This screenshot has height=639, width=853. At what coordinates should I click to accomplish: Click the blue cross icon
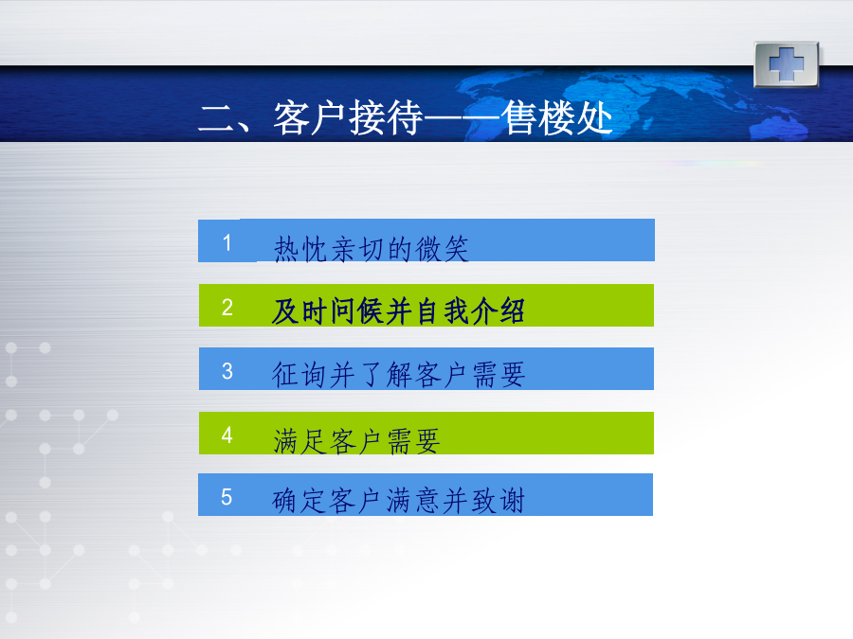pyautogui.click(x=786, y=64)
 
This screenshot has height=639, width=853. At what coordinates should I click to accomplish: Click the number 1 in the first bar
pyautogui.click(x=227, y=242)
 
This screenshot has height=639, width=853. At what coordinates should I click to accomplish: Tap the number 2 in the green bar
pyautogui.click(x=227, y=308)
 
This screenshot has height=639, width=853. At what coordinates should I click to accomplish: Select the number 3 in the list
pyautogui.click(x=227, y=371)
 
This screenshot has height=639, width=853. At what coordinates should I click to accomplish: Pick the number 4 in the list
pyautogui.click(x=227, y=435)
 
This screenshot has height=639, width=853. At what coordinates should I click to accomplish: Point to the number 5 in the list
pyautogui.click(x=227, y=497)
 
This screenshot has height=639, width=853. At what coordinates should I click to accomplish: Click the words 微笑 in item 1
pyautogui.click(x=442, y=249)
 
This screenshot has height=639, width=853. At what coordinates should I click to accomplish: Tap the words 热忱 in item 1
pyautogui.click(x=299, y=249)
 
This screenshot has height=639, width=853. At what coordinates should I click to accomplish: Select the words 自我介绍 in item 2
pyautogui.click(x=470, y=311)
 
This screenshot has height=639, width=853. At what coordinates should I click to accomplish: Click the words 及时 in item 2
pyautogui.click(x=299, y=311)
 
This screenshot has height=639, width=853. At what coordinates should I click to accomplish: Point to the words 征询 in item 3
pyautogui.click(x=299, y=375)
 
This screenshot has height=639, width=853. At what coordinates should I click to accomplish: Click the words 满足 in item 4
pyautogui.click(x=299, y=440)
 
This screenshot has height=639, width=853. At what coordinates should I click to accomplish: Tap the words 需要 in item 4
pyautogui.click(x=413, y=440)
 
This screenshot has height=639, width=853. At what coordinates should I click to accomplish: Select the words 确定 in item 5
pyautogui.click(x=299, y=501)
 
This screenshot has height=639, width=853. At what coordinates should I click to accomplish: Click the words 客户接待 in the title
pyautogui.click(x=348, y=118)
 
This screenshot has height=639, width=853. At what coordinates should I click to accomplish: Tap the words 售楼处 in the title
pyautogui.click(x=557, y=118)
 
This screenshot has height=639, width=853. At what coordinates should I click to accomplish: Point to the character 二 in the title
pyautogui.click(x=216, y=119)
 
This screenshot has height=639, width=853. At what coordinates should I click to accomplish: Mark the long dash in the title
pyautogui.click(x=462, y=118)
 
